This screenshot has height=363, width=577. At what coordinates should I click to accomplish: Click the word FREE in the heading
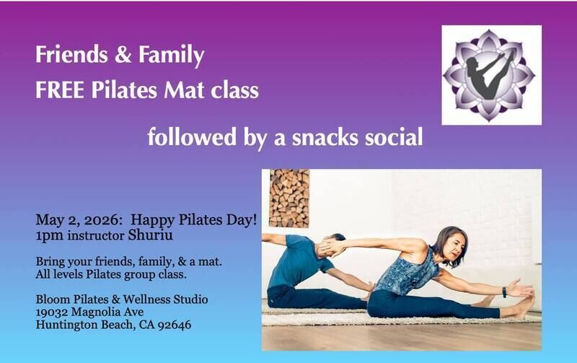60,90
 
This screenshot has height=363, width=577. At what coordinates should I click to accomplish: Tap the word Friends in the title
71,54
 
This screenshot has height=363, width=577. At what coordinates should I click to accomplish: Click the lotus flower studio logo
491,75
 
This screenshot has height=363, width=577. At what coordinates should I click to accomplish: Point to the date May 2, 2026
79,220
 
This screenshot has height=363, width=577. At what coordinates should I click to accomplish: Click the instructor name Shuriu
150,235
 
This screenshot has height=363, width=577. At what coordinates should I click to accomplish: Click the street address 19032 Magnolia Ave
89,312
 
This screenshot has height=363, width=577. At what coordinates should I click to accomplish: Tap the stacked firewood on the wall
289,198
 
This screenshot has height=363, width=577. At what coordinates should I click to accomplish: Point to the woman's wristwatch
504,292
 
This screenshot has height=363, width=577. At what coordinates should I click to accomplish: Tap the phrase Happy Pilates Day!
193,220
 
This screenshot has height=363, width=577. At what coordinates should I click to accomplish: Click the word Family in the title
171,56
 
